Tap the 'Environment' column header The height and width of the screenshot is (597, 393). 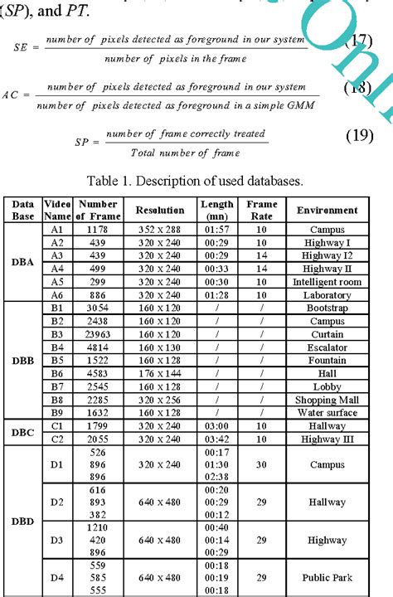327,210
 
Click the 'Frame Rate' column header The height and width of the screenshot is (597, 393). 261,210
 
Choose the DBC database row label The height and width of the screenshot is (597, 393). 22,431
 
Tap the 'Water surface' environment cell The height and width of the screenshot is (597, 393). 327,412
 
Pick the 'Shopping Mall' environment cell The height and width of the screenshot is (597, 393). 327,399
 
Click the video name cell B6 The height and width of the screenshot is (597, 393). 56,373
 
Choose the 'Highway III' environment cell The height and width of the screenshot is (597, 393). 327,438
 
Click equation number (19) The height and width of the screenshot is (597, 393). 360,136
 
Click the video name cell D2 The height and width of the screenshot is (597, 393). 56,502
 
